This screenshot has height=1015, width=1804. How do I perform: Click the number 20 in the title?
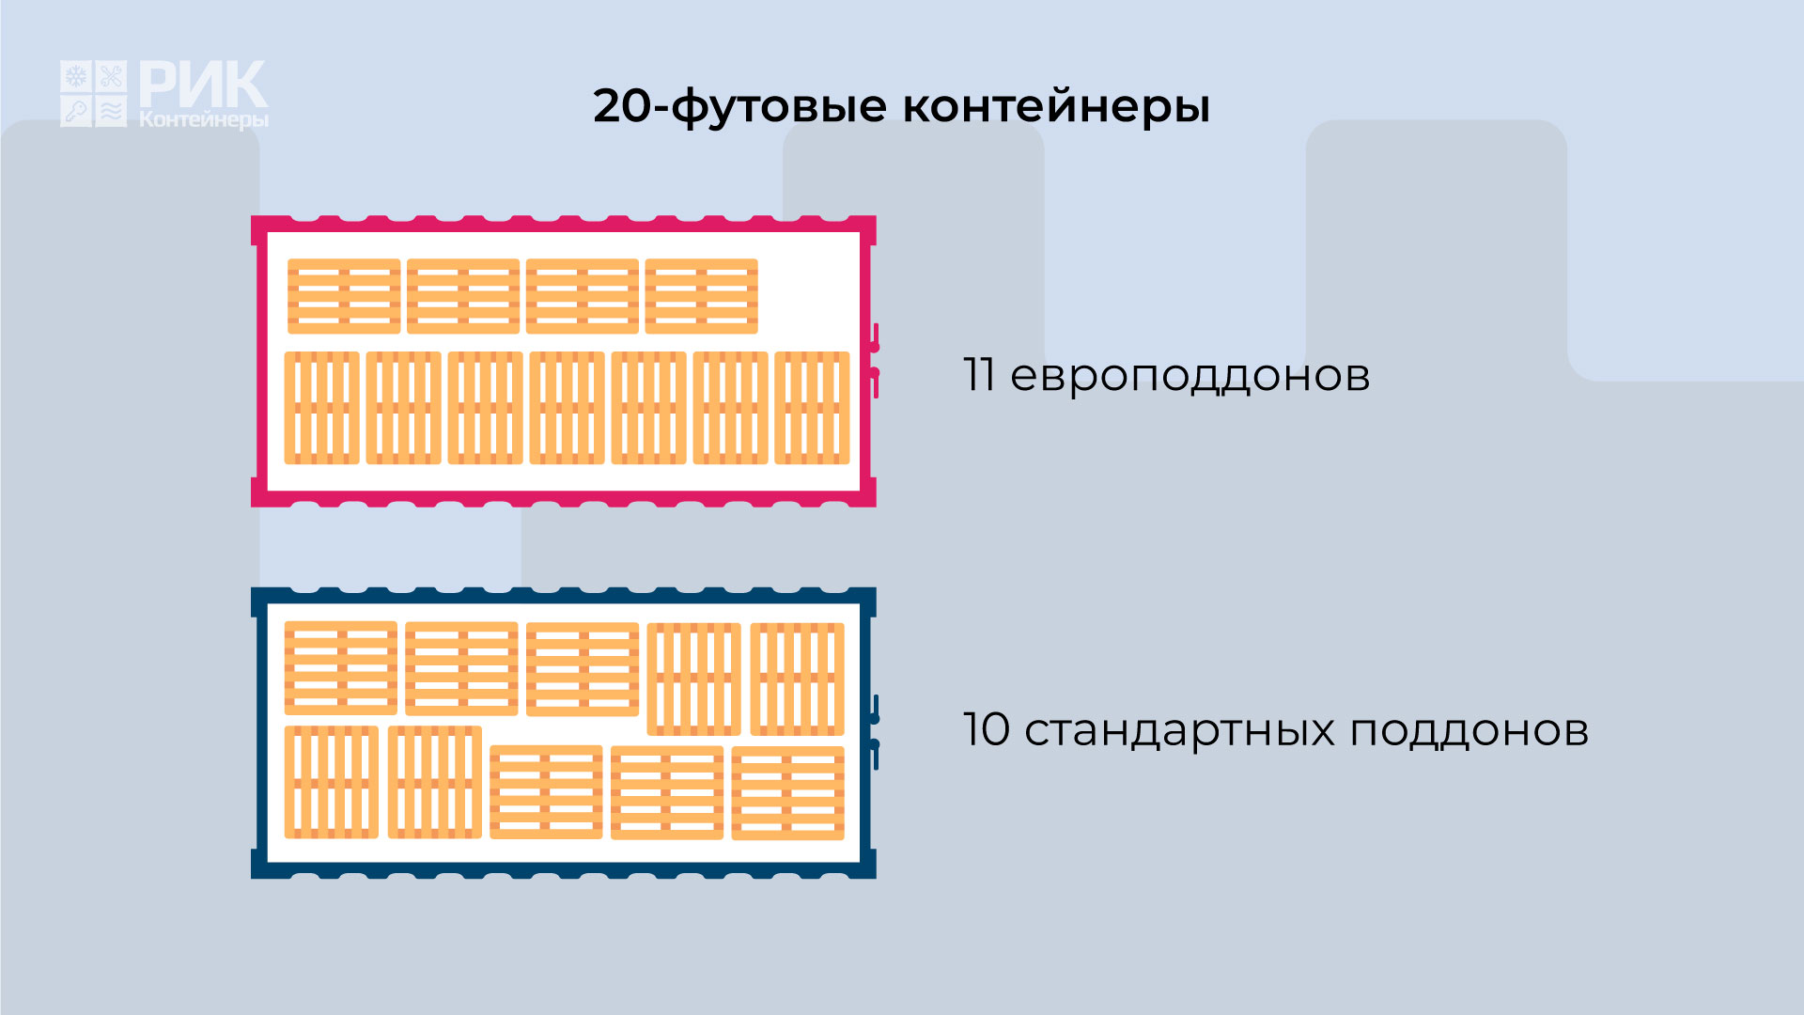[x=621, y=105]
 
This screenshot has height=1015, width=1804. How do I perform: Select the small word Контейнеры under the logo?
[x=204, y=119]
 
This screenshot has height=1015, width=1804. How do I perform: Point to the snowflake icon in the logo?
[x=76, y=76]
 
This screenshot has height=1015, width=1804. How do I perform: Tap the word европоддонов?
[x=1190, y=377]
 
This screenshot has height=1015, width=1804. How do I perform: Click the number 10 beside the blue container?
[x=987, y=729]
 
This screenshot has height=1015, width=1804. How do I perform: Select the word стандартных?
[x=1179, y=731]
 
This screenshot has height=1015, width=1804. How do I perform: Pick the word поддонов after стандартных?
[x=1470, y=730]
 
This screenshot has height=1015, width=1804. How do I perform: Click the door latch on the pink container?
[x=875, y=360]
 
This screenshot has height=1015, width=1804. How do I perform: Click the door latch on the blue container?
[x=875, y=732]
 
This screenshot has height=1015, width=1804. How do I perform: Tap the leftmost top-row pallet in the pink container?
[x=344, y=296]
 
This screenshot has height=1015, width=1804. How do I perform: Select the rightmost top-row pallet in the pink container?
[x=701, y=296]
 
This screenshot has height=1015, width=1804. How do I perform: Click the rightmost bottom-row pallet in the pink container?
[x=812, y=408]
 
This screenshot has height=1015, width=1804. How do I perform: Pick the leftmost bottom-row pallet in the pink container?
[x=321, y=408]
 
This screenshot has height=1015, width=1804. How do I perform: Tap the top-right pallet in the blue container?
[x=797, y=679]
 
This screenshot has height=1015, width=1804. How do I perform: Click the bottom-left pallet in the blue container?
[x=331, y=782]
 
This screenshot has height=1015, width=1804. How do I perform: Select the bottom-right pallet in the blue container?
[x=787, y=792]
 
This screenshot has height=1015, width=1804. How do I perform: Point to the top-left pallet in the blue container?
[x=340, y=668]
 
